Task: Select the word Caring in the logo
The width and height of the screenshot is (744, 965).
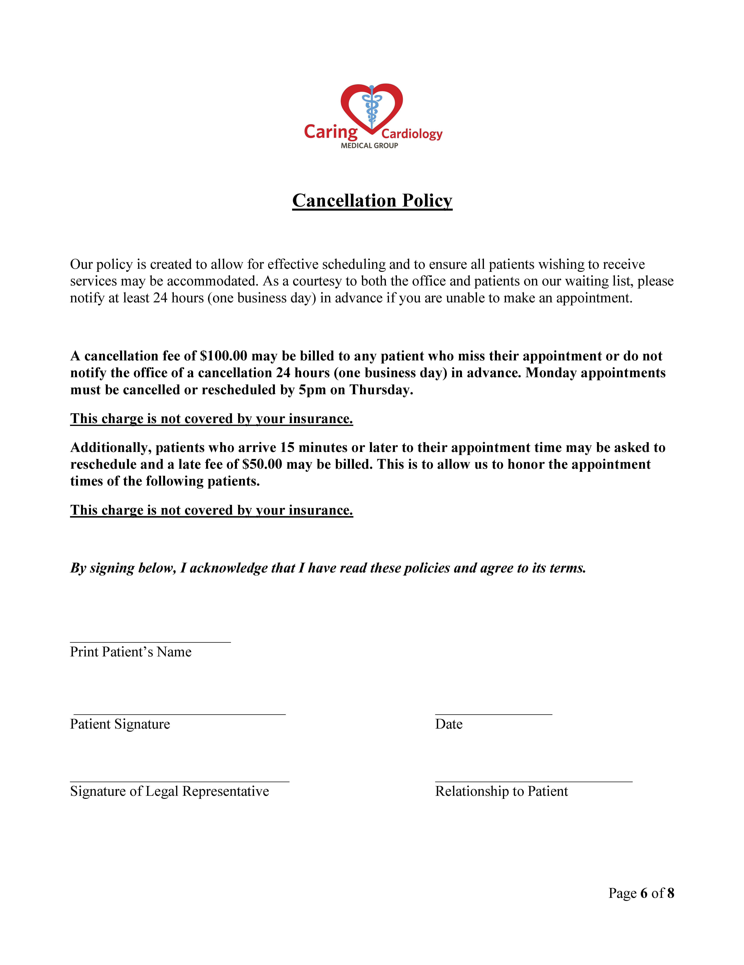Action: click(331, 132)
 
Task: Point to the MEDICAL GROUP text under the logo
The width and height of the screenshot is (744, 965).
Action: click(369, 145)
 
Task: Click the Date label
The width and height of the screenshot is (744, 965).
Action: click(449, 724)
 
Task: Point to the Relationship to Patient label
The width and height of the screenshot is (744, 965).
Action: click(501, 791)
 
